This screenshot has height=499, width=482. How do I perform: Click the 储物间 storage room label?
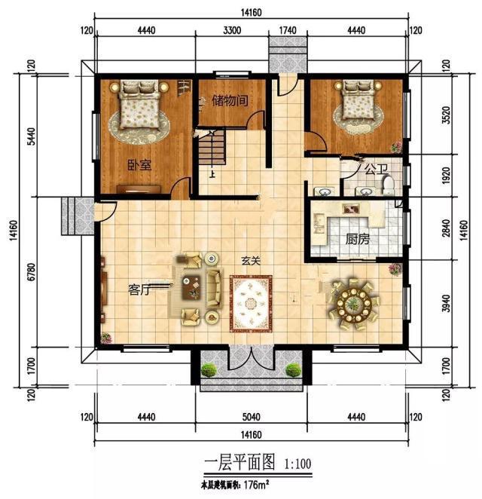point(230,101)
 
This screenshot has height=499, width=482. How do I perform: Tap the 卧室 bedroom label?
point(139,165)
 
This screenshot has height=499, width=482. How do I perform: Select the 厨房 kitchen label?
point(358,239)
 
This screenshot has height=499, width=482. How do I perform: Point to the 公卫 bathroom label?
point(377,169)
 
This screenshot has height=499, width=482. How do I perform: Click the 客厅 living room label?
point(139,289)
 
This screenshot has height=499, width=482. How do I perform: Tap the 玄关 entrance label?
point(252,261)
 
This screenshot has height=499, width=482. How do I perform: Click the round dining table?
point(354,305)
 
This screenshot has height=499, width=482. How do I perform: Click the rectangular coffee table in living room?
point(192,287)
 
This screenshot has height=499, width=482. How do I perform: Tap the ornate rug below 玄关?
point(252,304)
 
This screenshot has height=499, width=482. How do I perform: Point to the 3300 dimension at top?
point(232,31)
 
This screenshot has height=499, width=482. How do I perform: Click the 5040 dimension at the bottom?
point(252,417)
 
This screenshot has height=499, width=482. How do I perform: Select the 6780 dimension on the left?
point(31,271)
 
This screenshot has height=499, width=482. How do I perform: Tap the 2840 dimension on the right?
point(447,228)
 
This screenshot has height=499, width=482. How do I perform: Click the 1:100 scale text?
point(297,464)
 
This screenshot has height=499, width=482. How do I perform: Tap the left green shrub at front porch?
point(209,370)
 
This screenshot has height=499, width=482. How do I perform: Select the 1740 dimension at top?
point(288,31)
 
